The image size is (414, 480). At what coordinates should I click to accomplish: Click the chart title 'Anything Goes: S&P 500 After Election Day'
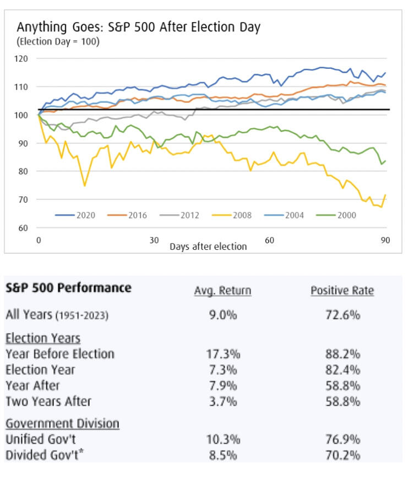click(x=138, y=27)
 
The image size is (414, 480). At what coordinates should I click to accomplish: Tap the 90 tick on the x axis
click(x=385, y=241)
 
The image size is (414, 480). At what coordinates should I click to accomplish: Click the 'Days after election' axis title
click(x=208, y=246)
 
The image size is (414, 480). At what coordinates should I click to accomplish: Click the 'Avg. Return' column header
click(x=222, y=291)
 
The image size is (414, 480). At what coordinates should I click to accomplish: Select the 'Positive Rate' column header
click(x=342, y=291)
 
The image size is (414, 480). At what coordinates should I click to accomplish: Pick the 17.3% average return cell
click(x=222, y=354)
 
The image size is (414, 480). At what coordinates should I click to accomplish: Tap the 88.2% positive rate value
click(x=342, y=354)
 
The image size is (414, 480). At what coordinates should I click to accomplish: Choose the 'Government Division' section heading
click(x=62, y=424)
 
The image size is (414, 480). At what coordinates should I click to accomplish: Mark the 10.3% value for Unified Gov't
click(x=222, y=439)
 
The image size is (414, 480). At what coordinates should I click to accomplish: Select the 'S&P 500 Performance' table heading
click(x=68, y=288)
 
